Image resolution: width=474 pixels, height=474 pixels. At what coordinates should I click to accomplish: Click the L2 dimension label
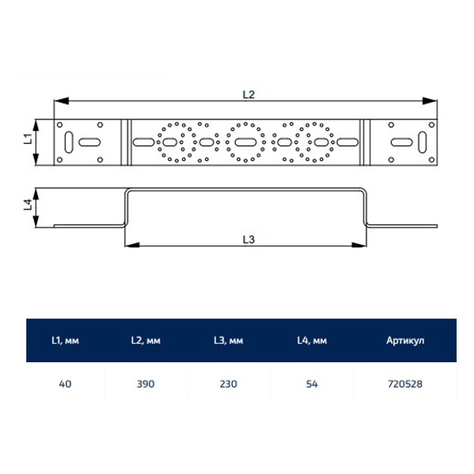(249, 94)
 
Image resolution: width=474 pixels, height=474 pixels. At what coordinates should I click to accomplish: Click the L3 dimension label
(249, 240)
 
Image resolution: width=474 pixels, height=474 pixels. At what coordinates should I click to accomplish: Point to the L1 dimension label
(28, 139)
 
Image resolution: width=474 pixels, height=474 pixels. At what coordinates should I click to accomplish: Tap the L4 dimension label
(28, 205)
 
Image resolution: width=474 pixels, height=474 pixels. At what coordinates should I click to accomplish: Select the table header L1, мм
(65, 341)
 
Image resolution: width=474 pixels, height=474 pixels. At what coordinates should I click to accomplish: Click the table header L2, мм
(146, 341)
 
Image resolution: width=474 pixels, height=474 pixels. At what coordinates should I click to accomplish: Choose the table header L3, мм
(228, 341)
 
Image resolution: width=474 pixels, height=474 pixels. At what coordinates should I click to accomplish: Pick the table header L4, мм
(311, 341)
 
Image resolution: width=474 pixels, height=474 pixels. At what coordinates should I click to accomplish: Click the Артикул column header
(405, 341)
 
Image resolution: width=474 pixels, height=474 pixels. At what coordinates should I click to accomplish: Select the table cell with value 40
(65, 384)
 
